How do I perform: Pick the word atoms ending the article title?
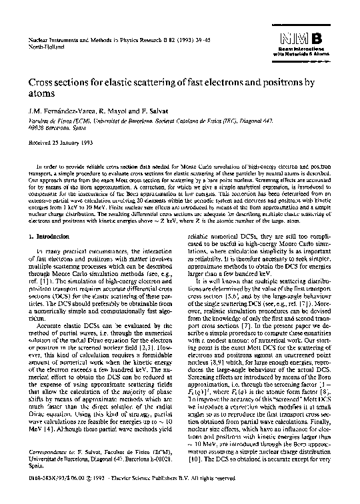(45, 95)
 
